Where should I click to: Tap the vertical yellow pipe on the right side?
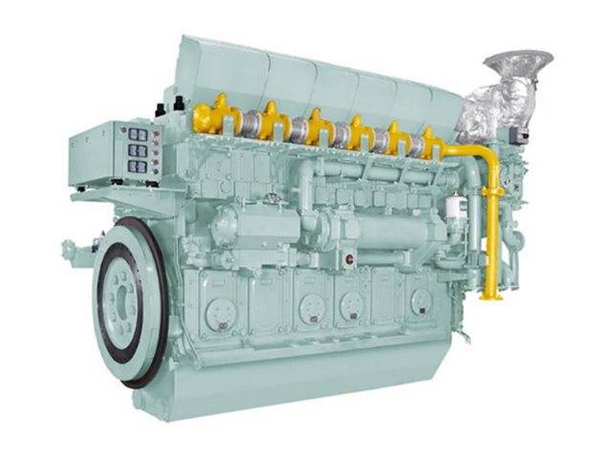point(493,220)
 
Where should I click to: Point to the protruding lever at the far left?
point(69,251)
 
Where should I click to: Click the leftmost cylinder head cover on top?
point(206,67)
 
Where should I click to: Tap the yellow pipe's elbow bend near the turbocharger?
point(483,153)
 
